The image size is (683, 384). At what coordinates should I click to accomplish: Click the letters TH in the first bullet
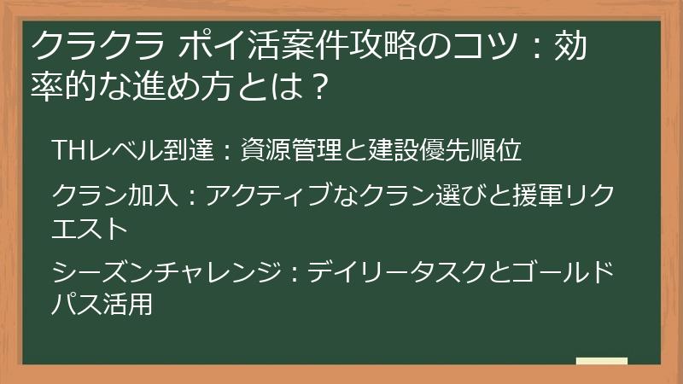pos(66,152)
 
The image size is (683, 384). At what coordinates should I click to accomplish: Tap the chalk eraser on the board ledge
pos(601,363)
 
